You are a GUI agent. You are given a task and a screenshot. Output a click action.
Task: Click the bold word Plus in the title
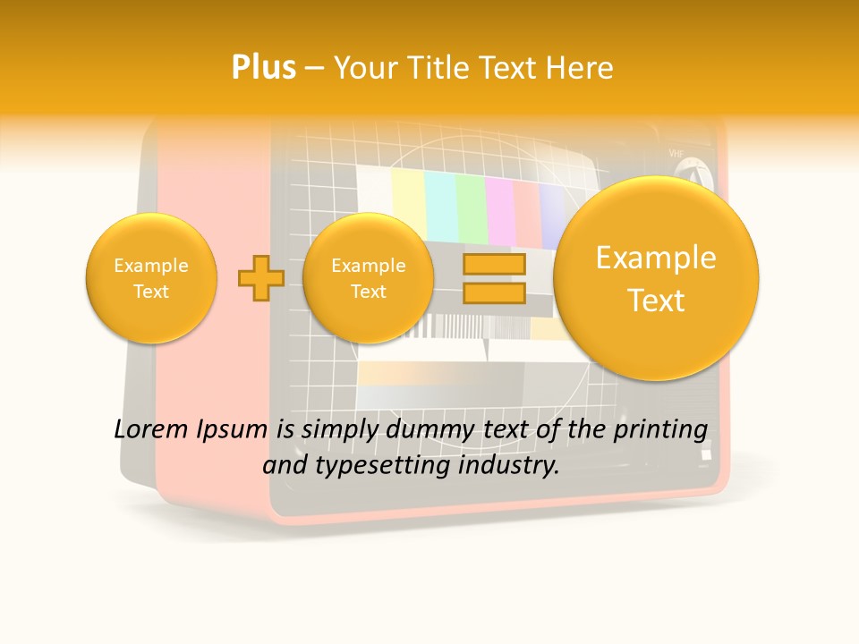point(263,68)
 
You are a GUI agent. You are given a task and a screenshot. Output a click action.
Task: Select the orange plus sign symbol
point(260,278)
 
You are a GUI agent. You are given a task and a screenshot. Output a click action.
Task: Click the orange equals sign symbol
point(494,278)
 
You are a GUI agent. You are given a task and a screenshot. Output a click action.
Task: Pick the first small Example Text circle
point(151,278)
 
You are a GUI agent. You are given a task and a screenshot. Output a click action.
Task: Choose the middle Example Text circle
point(369,278)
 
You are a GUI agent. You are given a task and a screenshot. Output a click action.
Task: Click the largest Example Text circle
point(656,278)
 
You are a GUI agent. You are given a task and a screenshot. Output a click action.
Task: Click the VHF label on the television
point(677,154)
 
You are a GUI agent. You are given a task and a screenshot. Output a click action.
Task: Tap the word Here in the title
point(583,68)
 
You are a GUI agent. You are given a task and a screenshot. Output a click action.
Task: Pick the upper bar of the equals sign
point(494,266)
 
